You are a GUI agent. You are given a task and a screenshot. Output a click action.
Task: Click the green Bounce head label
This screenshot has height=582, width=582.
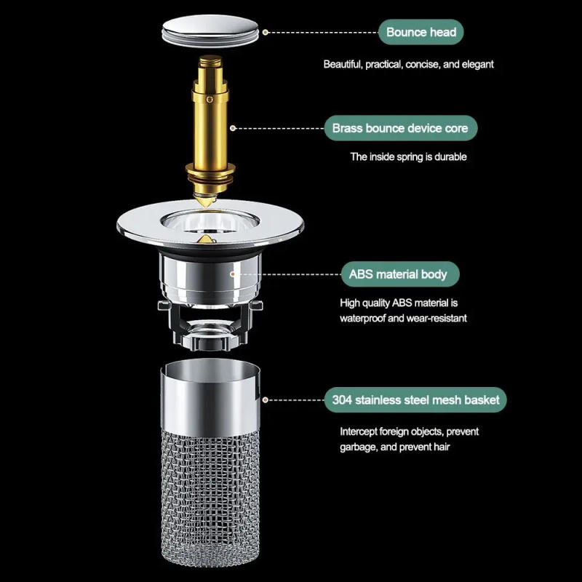pyautogui.click(x=420, y=32)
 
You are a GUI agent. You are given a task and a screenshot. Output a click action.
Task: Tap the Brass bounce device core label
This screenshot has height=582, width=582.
pyautogui.click(x=400, y=129)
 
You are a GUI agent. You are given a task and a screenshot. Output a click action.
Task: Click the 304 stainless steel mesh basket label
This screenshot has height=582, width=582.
pyautogui.click(x=415, y=399)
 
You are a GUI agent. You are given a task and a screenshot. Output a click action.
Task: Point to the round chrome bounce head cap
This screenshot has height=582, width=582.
pyautogui.click(x=212, y=32)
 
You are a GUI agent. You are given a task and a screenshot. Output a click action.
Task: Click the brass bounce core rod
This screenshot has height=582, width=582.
pyautogui.click(x=211, y=124)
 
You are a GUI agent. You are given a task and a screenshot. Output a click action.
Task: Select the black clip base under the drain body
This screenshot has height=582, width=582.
pyautogui.click(x=211, y=324)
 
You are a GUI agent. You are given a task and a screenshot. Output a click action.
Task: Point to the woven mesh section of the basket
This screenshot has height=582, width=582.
pyautogui.click(x=211, y=495)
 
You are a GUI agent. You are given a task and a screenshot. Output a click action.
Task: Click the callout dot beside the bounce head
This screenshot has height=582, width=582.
pyautogui.click(x=266, y=32)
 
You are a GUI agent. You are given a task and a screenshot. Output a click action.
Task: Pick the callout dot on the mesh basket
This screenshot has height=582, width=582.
pyautogui.click(x=266, y=399)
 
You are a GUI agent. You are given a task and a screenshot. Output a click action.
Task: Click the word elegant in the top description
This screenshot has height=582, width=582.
pyautogui.click(x=477, y=64)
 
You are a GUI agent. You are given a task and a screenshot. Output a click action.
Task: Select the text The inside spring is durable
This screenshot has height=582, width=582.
pyautogui.click(x=408, y=156)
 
